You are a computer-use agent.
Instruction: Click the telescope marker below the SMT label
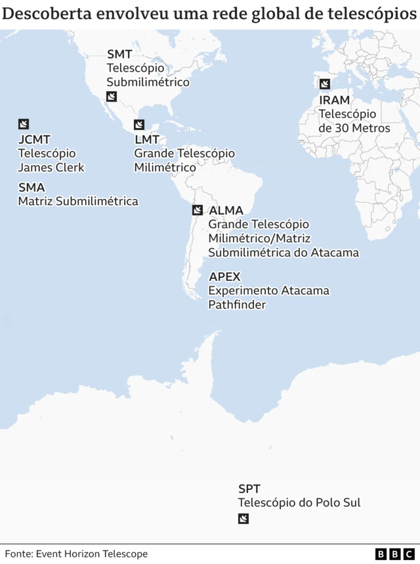(x=112, y=98)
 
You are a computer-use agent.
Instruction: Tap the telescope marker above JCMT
(x=24, y=124)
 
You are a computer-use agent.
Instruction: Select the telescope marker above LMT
(x=139, y=125)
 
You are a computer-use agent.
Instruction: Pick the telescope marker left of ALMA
(x=197, y=210)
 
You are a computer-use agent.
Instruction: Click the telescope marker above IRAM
(x=325, y=84)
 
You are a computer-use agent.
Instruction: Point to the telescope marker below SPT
(x=243, y=519)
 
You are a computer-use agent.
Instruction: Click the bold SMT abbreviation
(x=119, y=54)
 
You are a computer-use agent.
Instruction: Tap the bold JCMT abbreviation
(x=34, y=140)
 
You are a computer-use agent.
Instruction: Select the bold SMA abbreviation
(x=31, y=188)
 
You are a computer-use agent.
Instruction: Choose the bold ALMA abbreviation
(x=226, y=211)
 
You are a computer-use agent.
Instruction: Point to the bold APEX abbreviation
(x=224, y=276)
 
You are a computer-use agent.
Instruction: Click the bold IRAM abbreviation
(x=335, y=100)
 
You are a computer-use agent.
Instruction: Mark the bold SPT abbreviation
(x=249, y=489)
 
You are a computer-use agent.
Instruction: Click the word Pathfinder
(x=237, y=305)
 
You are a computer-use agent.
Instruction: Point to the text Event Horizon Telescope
(x=91, y=554)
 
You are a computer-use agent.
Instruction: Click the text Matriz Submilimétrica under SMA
(x=78, y=202)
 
